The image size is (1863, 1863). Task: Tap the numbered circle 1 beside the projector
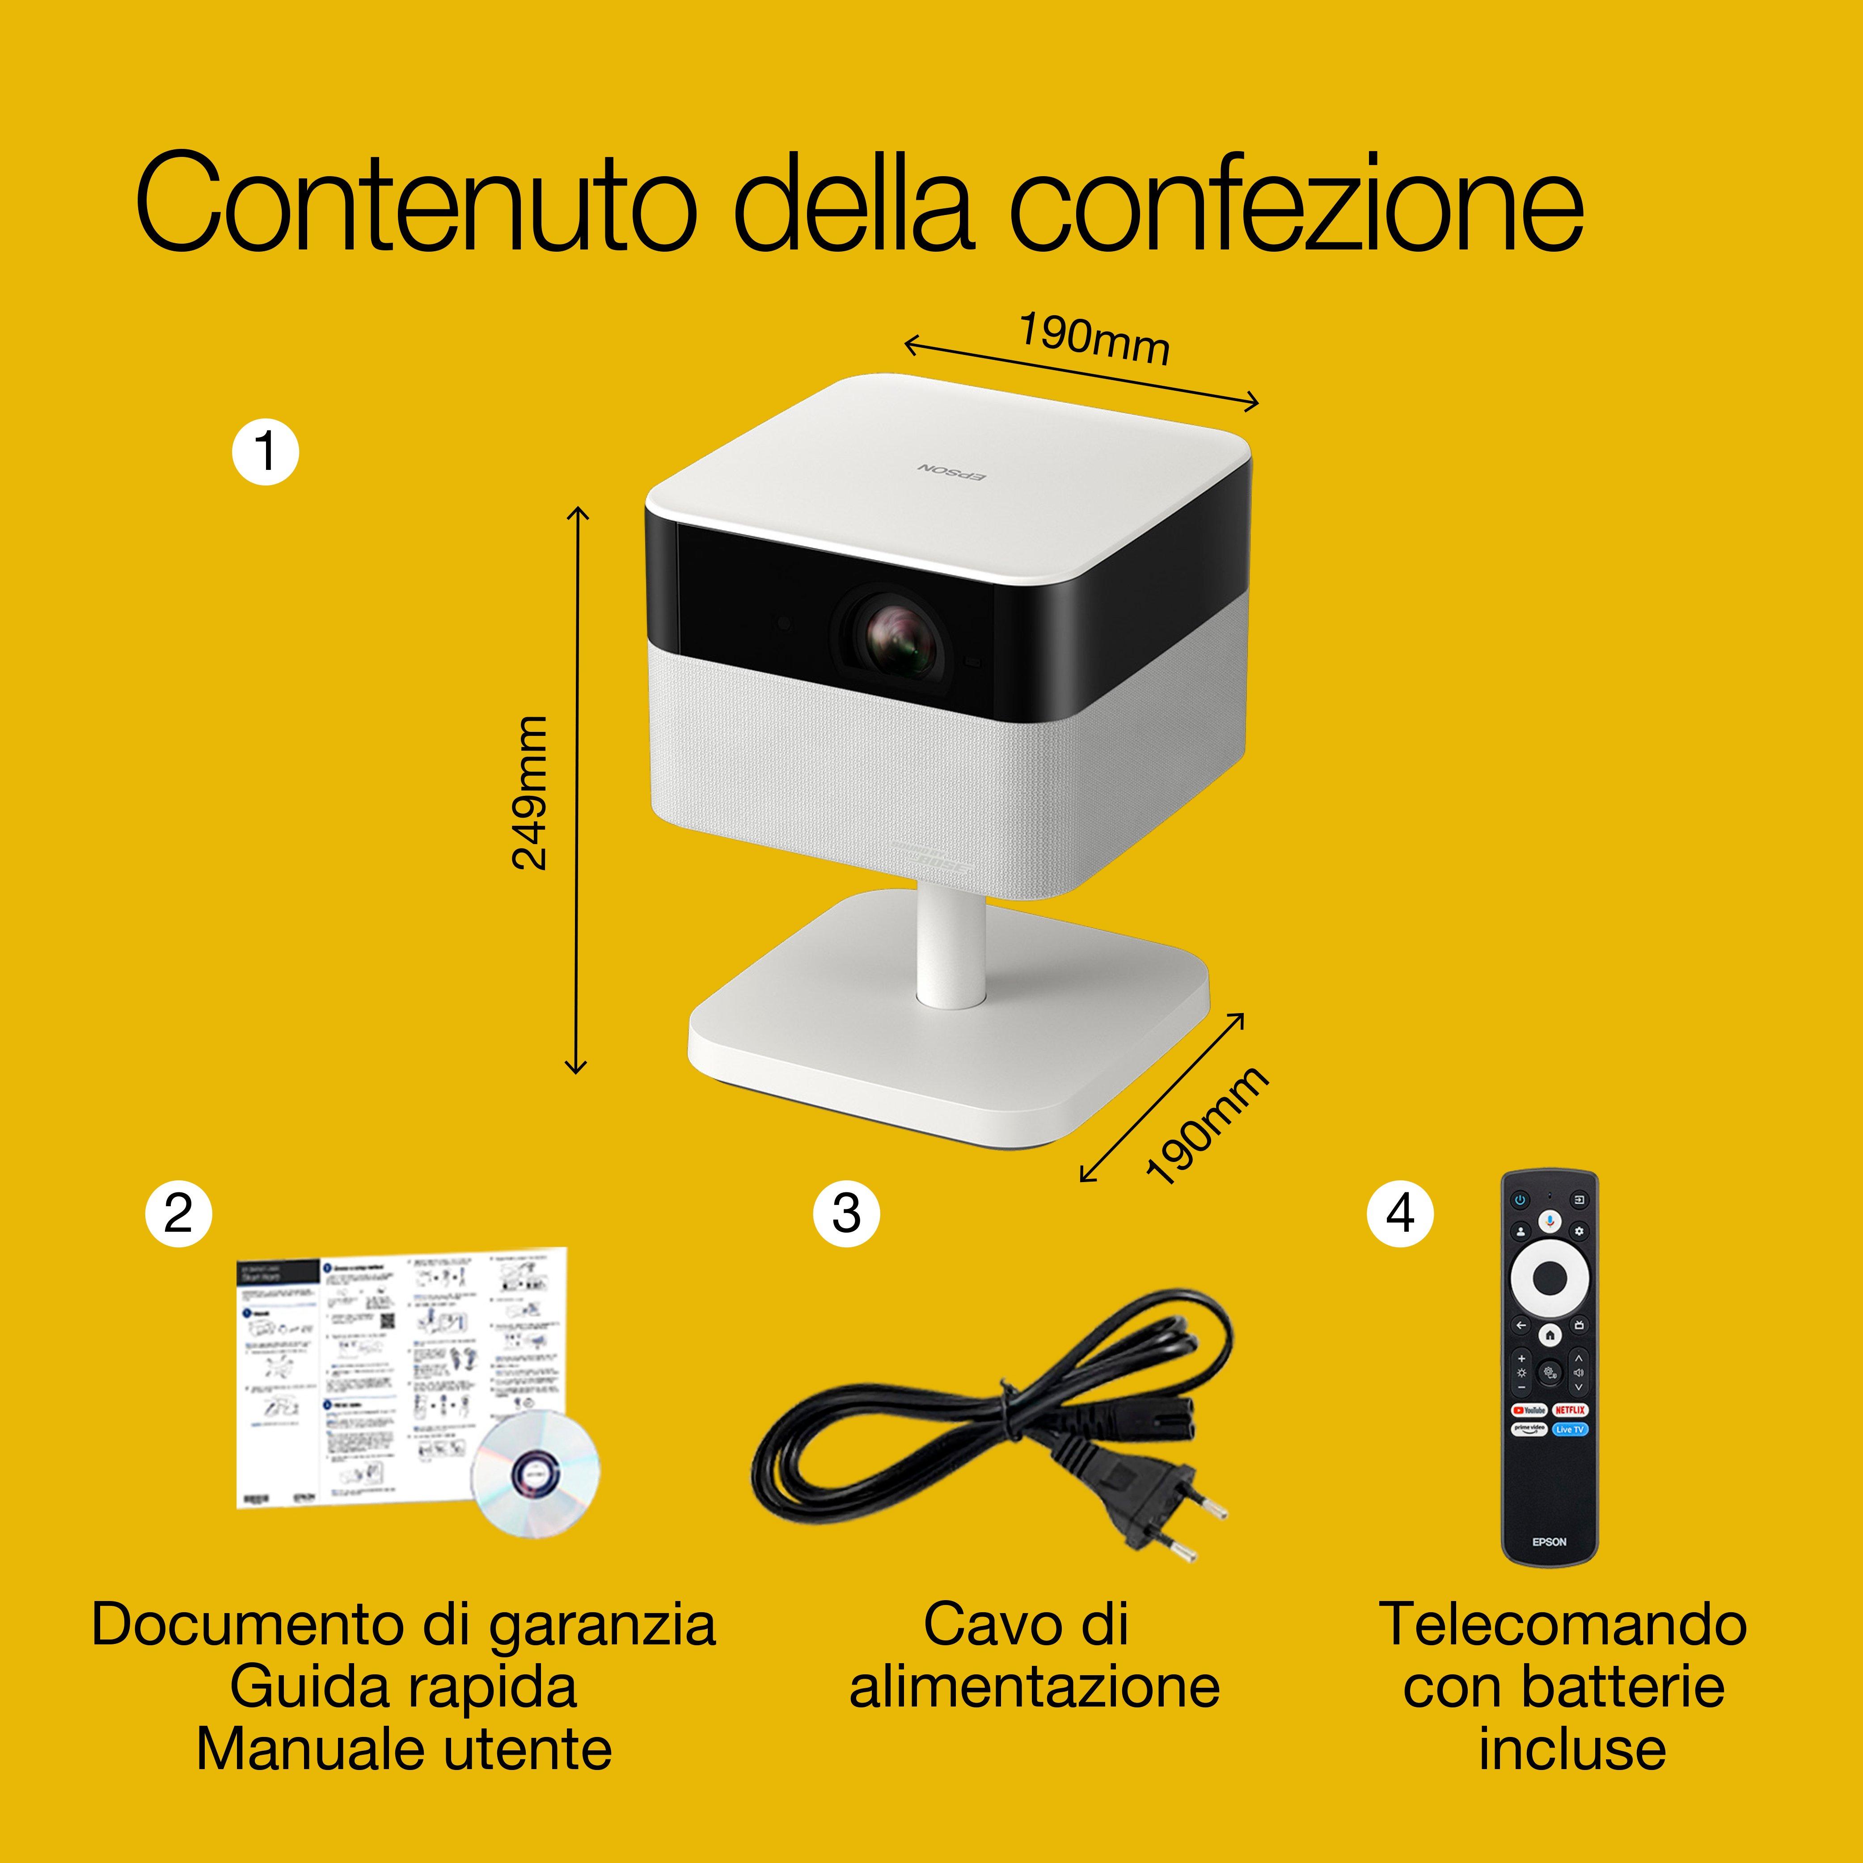click(x=265, y=451)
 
